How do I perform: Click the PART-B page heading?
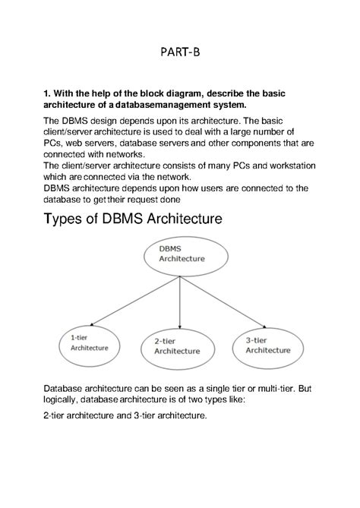180,52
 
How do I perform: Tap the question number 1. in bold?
47,93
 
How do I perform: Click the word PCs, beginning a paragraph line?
53,141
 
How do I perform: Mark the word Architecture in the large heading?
177,219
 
